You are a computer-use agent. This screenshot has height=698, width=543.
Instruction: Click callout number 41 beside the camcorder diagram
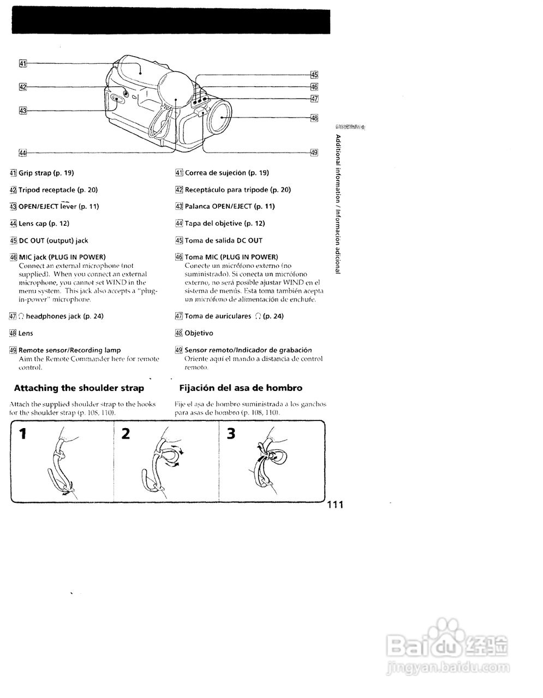(x=23, y=63)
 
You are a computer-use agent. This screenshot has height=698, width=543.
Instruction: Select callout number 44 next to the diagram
(x=23, y=153)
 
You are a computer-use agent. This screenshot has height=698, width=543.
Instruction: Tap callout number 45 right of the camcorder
(x=314, y=75)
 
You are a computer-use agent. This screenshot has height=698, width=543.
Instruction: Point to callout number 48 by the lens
(x=314, y=117)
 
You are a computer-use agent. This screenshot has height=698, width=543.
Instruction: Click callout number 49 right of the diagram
(x=314, y=153)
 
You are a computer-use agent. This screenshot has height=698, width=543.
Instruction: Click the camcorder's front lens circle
(x=222, y=118)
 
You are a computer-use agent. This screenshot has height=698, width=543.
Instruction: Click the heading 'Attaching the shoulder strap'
(x=79, y=388)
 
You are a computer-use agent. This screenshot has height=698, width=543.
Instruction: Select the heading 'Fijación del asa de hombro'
(x=241, y=388)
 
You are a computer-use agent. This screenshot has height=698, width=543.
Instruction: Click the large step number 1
(x=22, y=434)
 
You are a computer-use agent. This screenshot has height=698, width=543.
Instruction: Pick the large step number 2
(x=126, y=434)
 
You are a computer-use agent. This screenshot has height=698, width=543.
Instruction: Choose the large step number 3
(x=231, y=434)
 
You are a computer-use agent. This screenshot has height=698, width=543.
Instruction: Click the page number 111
(x=335, y=505)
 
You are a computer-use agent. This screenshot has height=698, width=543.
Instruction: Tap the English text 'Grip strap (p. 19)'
(x=46, y=173)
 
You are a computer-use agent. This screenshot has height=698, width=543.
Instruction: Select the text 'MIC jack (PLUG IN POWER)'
(x=62, y=257)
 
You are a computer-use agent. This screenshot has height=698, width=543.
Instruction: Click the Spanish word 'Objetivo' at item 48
(x=199, y=333)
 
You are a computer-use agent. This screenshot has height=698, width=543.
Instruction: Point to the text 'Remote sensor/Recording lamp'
(x=70, y=350)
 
